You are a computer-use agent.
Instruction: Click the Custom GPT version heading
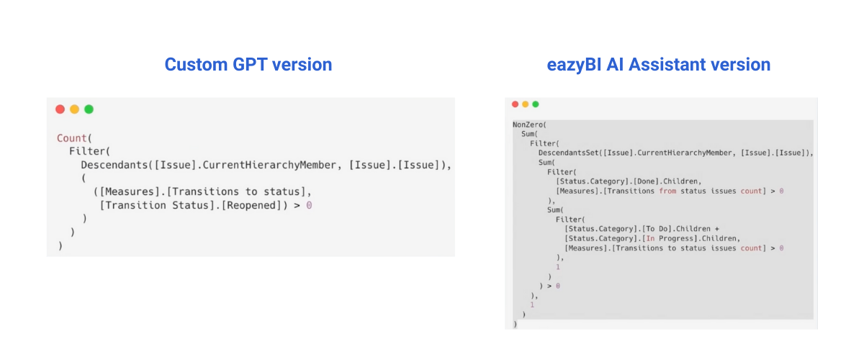(x=248, y=64)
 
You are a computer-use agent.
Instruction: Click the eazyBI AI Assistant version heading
(x=658, y=64)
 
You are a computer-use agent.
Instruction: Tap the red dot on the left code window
(x=60, y=109)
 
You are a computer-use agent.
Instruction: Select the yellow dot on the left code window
(x=74, y=109)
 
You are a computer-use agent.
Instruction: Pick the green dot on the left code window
(x=89, y=109)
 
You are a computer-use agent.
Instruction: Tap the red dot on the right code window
(x=515, y=104)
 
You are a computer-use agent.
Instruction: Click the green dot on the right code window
(x=536, y=104)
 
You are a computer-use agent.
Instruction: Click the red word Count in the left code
(x=72, y=138)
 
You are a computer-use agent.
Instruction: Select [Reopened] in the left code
(x=252, y=205)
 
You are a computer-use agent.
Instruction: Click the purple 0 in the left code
(x=309, y=205)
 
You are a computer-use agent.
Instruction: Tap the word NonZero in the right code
(x=528, y=125)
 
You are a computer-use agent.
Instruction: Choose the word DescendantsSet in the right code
(x=569, y=153)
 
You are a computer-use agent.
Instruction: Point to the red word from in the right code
(x=667, y=191)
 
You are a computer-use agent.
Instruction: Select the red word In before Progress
(x=650, y=238)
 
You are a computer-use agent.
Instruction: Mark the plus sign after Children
(x=716, y=229)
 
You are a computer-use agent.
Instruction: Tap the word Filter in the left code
(x=88, y=151)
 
